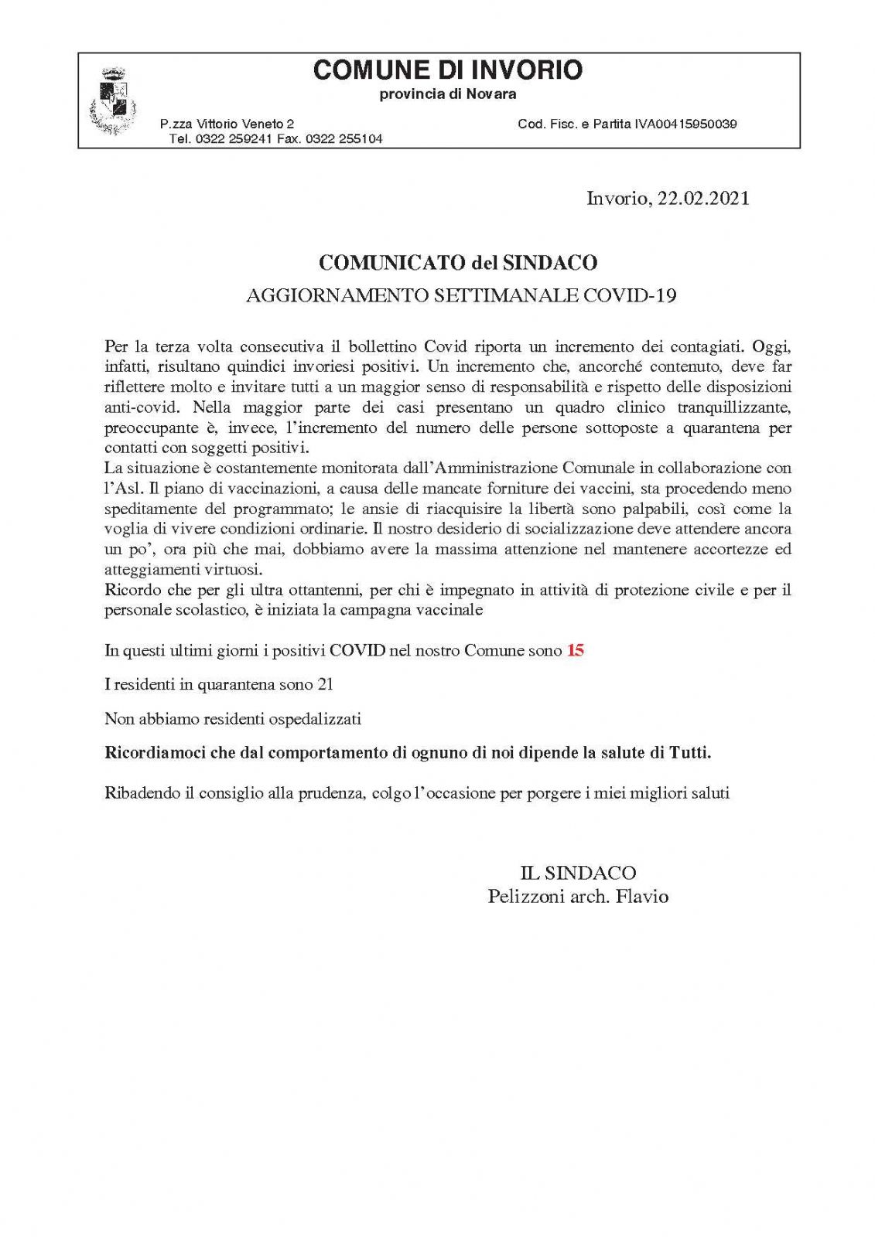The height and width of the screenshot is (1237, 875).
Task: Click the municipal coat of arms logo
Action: [x=114, y=101]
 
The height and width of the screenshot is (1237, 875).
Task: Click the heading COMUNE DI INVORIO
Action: [x=447, y=70]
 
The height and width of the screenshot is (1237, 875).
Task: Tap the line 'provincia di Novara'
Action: [x=447, y=94]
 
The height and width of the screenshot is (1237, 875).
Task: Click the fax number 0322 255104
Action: [x=344, y=139]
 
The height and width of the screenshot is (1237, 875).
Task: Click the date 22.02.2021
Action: [x=703, y=199]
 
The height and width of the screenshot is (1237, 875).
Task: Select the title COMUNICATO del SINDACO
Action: [x=458, y=263]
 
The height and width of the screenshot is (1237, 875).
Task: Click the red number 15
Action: [x=576, y=650]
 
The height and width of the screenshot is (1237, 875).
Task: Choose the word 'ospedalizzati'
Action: [x=315, y=719]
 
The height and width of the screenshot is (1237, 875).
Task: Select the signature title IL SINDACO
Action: [x=578, y=873]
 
